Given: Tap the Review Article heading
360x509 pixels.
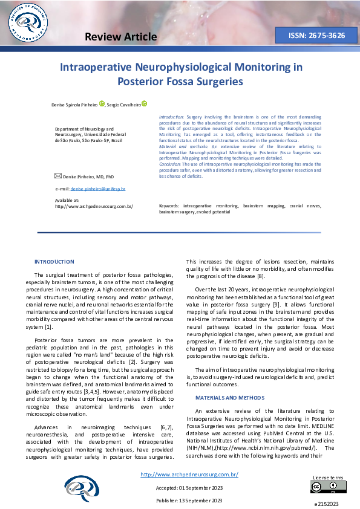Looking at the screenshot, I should coord(121,37).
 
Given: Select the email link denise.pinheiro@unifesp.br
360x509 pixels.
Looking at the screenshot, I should coord(98,189).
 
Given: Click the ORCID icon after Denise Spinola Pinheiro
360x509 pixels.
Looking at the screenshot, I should coord(102,103).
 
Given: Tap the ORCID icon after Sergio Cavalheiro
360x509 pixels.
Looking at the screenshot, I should coord(145,103).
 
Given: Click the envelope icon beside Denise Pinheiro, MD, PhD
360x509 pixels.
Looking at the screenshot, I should coord(58,176).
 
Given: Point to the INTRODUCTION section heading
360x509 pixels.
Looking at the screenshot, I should coord(54,262).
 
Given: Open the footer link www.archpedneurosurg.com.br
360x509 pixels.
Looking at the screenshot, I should coord(189,475).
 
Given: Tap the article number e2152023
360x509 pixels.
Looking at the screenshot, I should coord(326,504).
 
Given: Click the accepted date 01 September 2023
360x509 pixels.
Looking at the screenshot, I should coord(189,487).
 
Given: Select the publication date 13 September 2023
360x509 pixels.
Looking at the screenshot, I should coord(189,501).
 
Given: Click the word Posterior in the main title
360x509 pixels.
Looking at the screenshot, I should coord(158,81).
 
